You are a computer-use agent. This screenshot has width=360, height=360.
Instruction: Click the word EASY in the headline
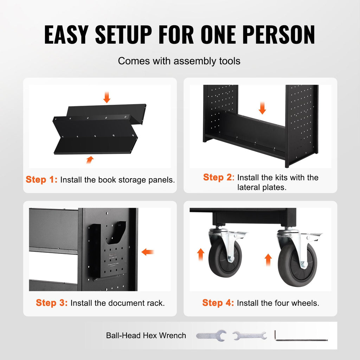[66, 34]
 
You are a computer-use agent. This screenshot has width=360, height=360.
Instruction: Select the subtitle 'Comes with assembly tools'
[179, 61]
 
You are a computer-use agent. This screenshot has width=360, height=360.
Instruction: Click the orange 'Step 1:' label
[41, 180]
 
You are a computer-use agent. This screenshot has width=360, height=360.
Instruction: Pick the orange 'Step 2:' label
[219, 177]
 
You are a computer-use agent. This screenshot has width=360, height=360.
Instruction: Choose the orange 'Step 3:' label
[52, 303]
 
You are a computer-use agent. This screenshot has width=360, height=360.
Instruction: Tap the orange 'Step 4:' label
[218, 303]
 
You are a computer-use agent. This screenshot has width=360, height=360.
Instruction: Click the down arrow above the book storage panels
[107, 97]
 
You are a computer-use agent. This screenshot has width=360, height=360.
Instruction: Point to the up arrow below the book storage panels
[90, 160]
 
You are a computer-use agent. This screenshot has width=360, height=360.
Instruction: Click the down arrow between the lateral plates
[262, 108]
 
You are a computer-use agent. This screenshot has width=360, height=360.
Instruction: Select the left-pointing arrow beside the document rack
[147, 252]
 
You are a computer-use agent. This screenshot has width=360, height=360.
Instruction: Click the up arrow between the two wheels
[268, 260]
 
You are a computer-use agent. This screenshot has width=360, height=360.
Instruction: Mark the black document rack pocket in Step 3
[108, 250]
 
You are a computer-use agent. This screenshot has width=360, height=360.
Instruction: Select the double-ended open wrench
[250, 336]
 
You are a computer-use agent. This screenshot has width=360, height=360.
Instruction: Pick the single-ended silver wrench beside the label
[211, 336]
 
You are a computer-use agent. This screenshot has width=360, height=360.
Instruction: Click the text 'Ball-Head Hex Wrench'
[146, 335]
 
